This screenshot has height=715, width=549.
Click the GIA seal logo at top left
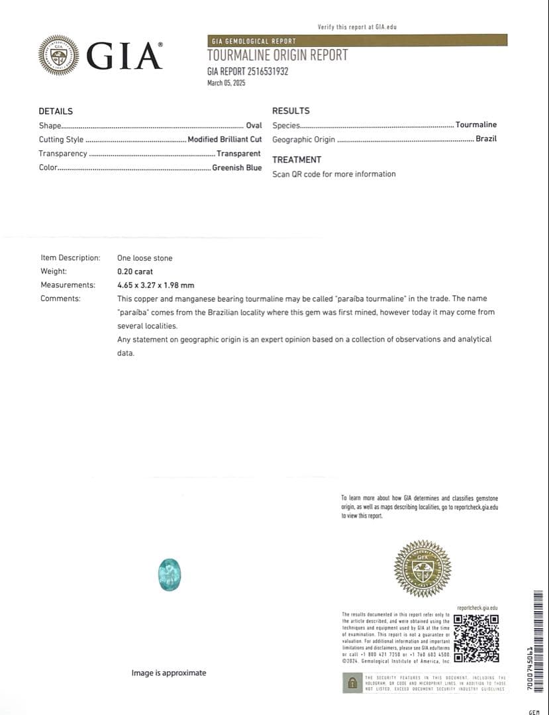pos(58,55)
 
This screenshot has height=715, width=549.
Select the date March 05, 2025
pos(226,83)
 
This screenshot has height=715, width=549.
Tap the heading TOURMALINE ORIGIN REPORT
pos(277,56)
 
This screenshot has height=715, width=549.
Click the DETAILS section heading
pos(56,111)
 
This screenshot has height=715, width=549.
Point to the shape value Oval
pos(254,125)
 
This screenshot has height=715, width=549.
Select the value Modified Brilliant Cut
pos(225,140)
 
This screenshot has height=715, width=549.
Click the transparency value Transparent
pos(238,154)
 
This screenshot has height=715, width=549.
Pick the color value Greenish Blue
pos(236,168)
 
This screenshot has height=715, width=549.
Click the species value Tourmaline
pos(475,124)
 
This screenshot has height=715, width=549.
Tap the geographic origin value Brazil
pos(485,139)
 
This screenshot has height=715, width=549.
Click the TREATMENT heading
pos(297,160)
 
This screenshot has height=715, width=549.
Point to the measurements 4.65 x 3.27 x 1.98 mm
pos(156,285)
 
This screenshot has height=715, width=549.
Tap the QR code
pos(476,638)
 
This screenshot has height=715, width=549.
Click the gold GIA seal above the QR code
pos(422,568)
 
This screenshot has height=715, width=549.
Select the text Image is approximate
pos(168,673)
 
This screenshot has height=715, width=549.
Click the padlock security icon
pos(352,683)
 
